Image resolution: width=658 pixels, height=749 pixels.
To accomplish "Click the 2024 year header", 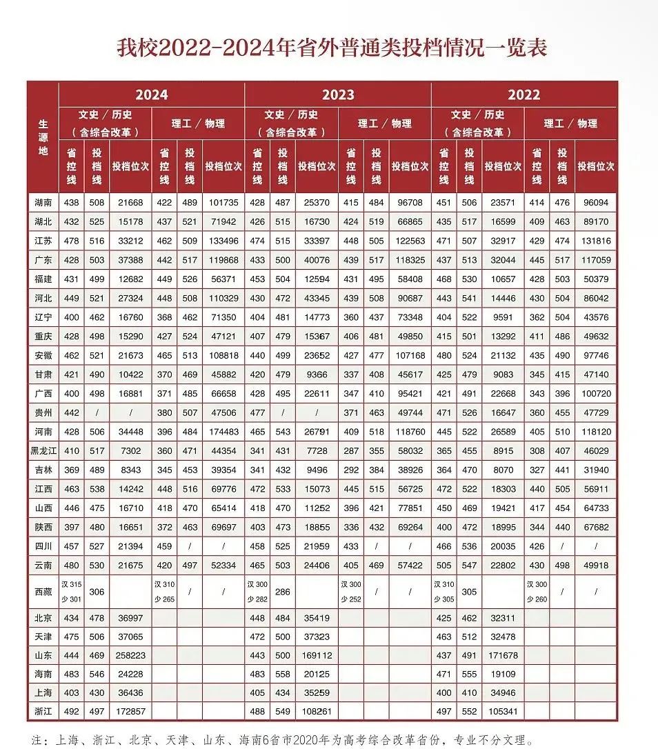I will click(151, 94).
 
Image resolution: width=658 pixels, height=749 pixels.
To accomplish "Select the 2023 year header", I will click(337, 94).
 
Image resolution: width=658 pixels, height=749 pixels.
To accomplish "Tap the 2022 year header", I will click(524, 94).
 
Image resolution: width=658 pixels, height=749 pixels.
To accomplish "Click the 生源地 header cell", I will click(43, 137).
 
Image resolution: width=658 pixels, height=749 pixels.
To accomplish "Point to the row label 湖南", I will click(43, 203).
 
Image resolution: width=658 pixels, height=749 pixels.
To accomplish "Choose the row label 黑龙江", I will click(43, 451).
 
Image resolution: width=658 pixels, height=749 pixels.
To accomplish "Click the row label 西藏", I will click(43, 592).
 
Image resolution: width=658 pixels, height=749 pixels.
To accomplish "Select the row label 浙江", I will click(43, 711).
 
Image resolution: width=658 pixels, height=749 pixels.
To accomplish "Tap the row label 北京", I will click(43, 617).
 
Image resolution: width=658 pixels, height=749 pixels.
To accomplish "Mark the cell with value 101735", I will click(223, 203).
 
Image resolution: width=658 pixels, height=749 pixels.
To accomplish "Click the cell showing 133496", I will click(223, 241).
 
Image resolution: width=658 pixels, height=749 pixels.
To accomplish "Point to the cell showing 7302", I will click(130, 451).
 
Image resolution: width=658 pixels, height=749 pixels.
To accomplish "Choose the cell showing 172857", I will click(130, 711).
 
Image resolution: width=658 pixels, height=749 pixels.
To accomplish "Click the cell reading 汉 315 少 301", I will click(71, 592).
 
